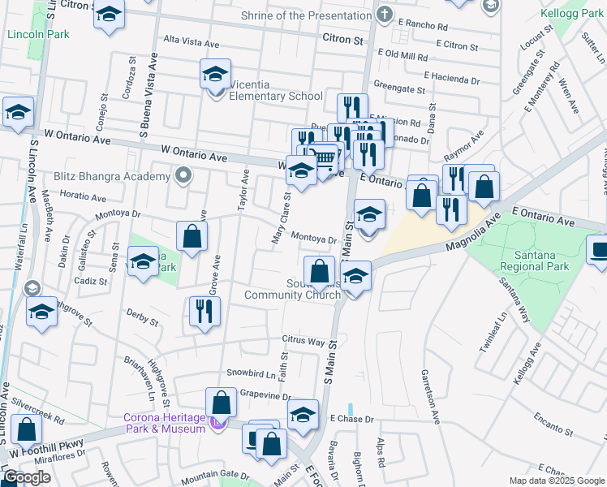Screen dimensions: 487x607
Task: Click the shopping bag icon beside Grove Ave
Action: tap(192, 237)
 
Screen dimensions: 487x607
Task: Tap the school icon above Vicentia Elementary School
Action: tap(215, 74)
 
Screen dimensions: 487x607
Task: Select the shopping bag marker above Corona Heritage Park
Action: tap(221, 403)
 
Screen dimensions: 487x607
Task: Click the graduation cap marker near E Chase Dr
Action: tap(303, 415)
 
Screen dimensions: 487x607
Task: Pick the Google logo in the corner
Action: tap(27, 477)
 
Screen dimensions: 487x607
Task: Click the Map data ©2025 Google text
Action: tap(556, 481)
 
